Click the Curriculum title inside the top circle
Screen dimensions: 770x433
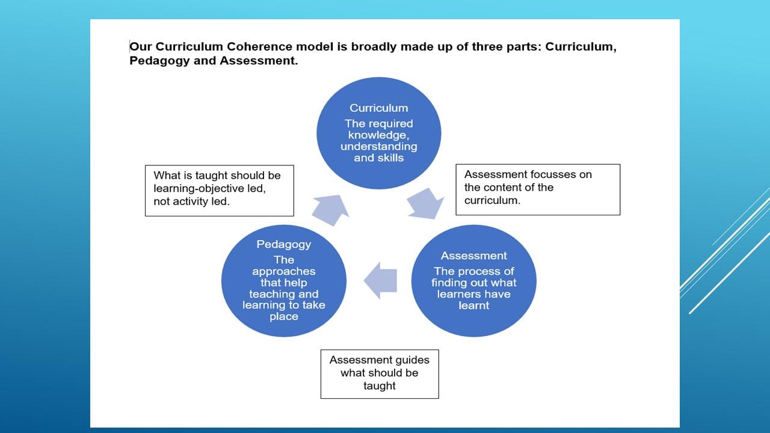click(x=379, y=108)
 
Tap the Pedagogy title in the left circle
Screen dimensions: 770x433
click(x=283, y=245)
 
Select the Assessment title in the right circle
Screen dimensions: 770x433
click(x=473, y=256)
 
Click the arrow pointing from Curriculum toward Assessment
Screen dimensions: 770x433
click(x=425, y=203)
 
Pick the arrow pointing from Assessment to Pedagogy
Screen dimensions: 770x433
click(x=380, y=280)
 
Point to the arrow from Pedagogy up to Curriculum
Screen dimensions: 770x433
click(x=331, y=210)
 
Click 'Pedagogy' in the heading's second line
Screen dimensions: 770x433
click(x=159, y=61)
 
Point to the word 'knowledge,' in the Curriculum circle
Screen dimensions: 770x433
click(x=378, y=135)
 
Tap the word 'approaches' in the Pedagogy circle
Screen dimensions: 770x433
click(x=283, y=272)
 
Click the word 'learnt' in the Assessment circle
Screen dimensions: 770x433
click(x=473, y=306)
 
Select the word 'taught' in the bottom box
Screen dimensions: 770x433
click(x=380, y=386)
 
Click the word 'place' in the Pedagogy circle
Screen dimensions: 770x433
click(x=283, y=317)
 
